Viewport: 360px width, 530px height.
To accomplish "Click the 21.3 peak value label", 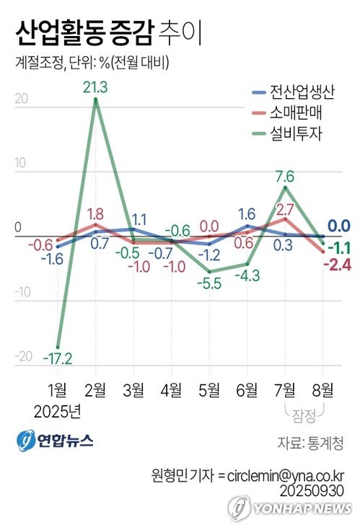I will tap(95, 87).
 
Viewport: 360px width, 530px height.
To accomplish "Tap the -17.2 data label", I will tap(57, 358).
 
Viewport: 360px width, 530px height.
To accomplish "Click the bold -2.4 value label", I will tap(337, 265).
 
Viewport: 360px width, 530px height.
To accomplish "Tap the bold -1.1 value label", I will tap(339, 247).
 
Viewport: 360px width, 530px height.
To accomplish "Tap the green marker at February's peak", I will tap(95, 99).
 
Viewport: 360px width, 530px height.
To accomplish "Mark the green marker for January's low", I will tap(58, 347).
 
